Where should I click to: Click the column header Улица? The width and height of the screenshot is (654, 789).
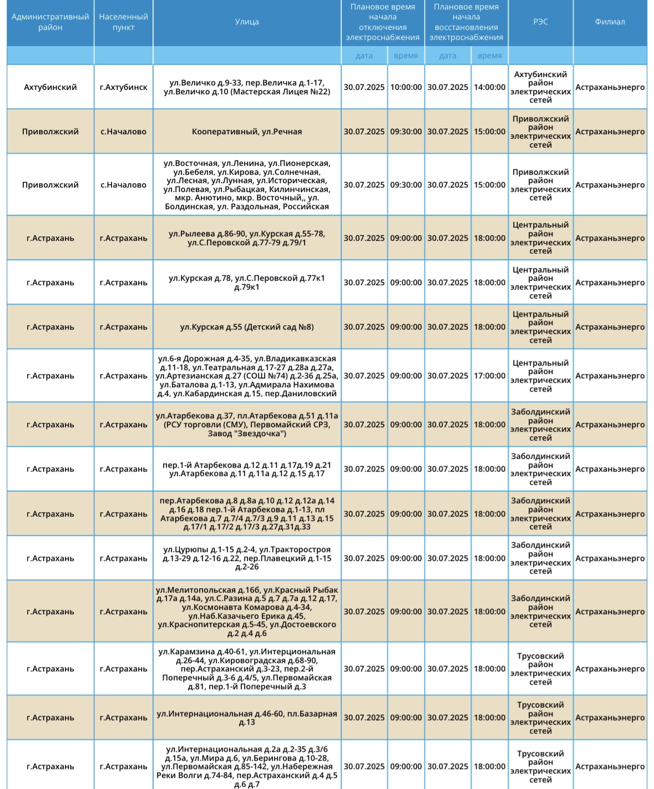coord(247,22)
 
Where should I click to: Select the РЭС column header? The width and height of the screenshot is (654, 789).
coord(540,22)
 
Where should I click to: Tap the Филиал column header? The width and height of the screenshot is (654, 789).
coord(610,22)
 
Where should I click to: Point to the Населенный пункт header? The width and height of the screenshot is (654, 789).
coord(123,22)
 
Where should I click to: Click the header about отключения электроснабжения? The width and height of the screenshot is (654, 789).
coord(382,22)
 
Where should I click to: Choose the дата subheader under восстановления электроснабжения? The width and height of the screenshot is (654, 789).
coord(447,55)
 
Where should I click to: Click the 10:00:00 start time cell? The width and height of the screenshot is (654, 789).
coord(405,87)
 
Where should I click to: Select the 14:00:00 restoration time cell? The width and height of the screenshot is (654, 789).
coord(489,87)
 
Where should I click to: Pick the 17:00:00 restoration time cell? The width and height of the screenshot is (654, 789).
coord(489,376)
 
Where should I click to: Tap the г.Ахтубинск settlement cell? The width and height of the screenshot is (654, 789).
coord(123,87)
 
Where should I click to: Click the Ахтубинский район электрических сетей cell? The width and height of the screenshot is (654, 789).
coord(540,87)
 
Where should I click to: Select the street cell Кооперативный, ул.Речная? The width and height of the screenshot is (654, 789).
coord(247,131)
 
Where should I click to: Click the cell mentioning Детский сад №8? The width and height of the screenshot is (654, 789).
coord(247,327)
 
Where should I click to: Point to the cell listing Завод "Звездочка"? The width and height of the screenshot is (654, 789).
coord(247,424)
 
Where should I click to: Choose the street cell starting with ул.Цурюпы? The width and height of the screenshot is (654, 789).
coord(247,558)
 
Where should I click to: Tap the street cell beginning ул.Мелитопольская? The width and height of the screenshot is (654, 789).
coord(247,611)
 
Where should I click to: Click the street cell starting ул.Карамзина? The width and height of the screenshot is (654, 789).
coord(247,669)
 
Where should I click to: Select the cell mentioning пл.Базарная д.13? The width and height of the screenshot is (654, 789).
coord(247,717)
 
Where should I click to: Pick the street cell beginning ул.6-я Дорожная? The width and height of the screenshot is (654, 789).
coord(247,376)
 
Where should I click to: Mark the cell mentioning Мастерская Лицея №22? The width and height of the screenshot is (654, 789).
coord(247,87)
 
